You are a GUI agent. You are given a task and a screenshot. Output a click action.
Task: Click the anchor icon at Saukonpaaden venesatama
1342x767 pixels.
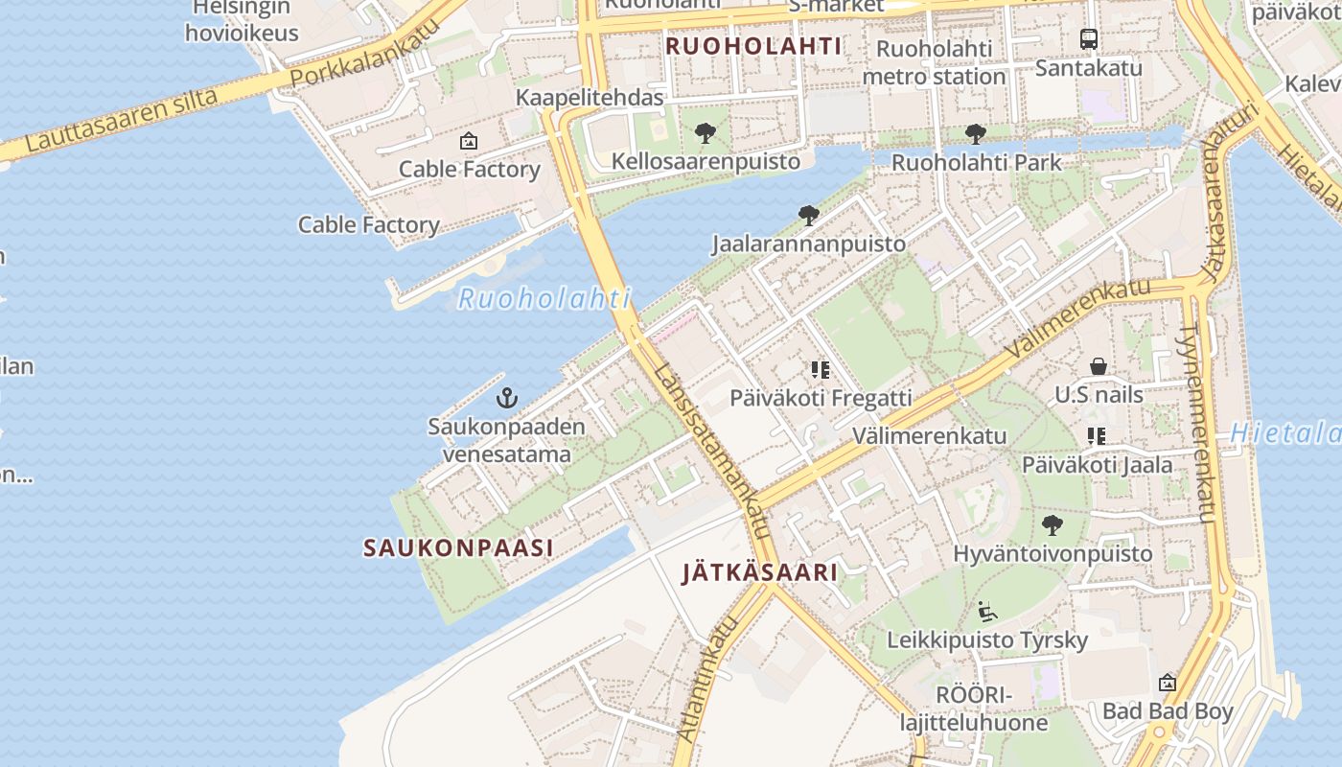506,397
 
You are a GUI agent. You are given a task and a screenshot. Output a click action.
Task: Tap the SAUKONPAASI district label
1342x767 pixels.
458,548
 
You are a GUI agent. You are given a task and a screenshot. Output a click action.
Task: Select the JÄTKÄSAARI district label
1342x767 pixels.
759,573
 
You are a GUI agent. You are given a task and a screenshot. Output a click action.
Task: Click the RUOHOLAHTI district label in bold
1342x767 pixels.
753,46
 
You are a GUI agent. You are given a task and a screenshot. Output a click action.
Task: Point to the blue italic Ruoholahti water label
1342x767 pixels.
544,298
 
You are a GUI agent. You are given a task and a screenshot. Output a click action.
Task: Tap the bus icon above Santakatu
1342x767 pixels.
1089,39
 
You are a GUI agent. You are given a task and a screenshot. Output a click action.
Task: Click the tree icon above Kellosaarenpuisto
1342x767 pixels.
706,133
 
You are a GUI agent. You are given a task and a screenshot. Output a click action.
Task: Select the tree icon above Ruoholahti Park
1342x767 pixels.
976,134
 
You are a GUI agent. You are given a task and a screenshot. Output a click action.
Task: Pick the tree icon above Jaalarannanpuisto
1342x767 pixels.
808,216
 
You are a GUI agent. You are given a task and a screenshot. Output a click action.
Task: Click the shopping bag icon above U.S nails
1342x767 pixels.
1099,366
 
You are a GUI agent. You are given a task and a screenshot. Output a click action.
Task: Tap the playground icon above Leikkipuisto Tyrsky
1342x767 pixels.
987,611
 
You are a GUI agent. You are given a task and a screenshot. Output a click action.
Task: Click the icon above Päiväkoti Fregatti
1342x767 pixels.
821,369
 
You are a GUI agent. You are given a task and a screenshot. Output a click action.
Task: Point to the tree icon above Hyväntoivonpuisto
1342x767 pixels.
1053,525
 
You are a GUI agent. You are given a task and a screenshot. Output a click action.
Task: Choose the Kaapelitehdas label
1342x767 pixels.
590,98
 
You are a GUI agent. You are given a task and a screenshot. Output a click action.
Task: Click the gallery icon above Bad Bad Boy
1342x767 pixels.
1168,683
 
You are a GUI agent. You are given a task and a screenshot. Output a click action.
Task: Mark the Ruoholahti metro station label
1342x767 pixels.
934,62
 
